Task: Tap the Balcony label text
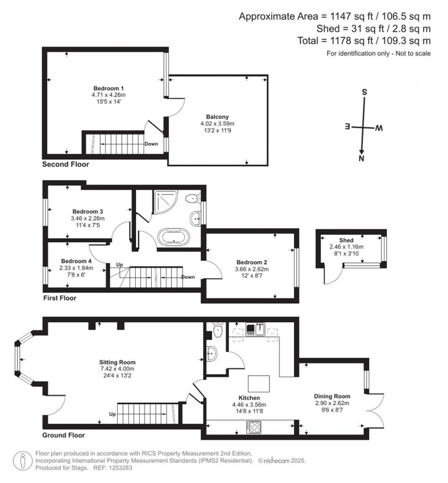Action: pos(217,117)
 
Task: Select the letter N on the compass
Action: pos(361,159)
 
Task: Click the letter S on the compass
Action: pos(364,93)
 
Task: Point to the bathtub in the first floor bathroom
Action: pos(174,238)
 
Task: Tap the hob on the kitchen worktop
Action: pos(253,427)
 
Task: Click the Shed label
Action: pos(346,240)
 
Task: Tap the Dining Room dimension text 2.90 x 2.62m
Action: pos(332,403)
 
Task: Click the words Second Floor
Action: pos(66,165)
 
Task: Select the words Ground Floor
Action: pos(63,435)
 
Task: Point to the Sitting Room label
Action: pos(117,362)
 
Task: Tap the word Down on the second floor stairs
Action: pos(151,143)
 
